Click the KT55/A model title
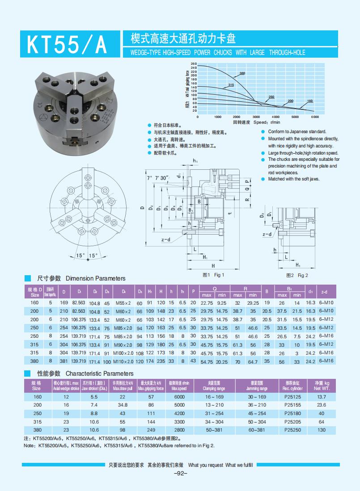tap(67, 44)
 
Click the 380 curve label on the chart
tap(242, 73)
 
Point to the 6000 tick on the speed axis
tap(314, 117)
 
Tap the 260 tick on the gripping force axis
tap(194, 64)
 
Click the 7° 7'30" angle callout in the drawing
tap(158, 178)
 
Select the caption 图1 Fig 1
tap(213, 275)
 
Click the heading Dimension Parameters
tap(95, 278)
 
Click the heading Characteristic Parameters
tap(99, 373)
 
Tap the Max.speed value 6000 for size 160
tap(179, 397)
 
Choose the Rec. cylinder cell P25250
tap(293, 429)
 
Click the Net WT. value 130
tap(322, 429)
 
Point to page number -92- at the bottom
tap(180, 474)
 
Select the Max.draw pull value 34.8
tap(123, 405)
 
